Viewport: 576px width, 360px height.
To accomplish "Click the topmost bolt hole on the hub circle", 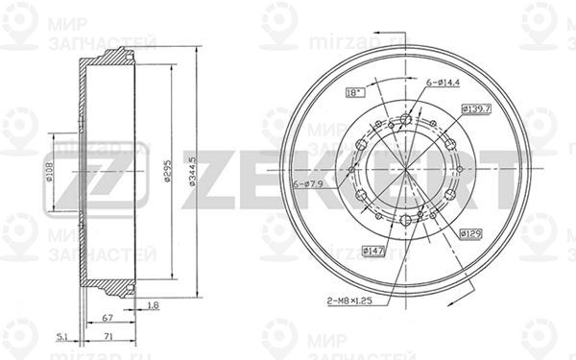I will pyautogui.click(x=405, y=119).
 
